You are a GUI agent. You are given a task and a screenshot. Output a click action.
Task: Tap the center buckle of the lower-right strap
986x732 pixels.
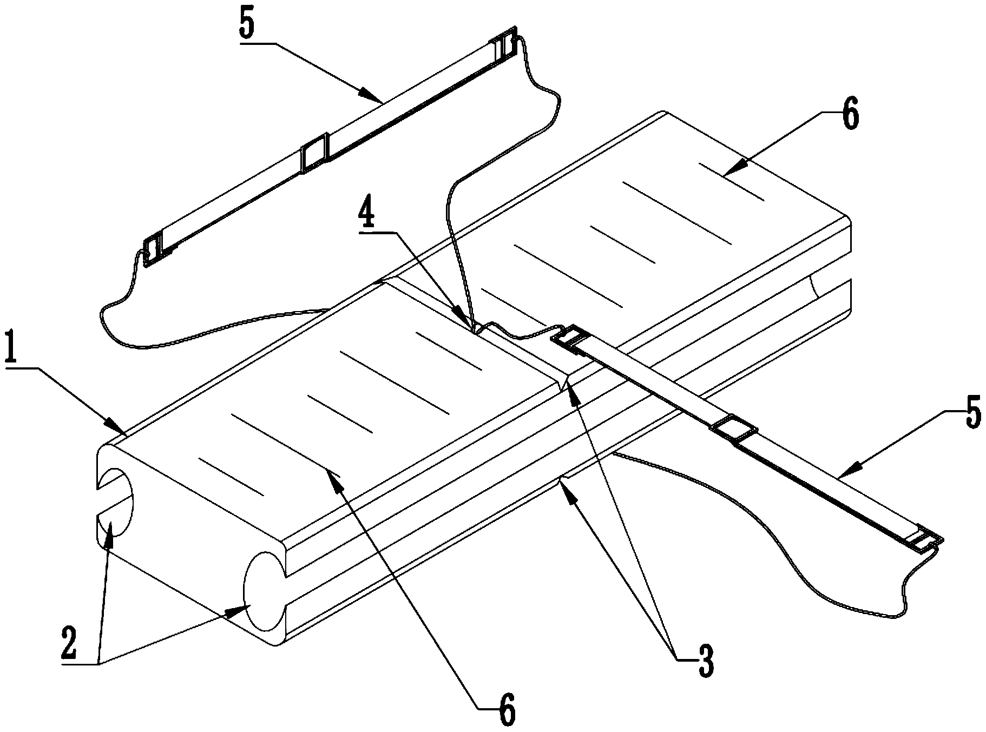(734, 431)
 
